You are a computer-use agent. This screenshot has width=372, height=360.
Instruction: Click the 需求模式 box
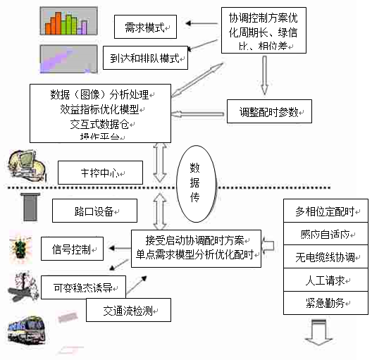pos(145,27)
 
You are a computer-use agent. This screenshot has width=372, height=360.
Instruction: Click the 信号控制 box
pos(73,248)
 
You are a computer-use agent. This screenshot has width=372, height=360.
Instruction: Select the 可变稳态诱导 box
pos(84,287)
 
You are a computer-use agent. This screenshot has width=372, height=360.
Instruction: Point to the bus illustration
pos(27,328)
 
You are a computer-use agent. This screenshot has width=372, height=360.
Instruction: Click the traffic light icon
pos(19,249)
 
